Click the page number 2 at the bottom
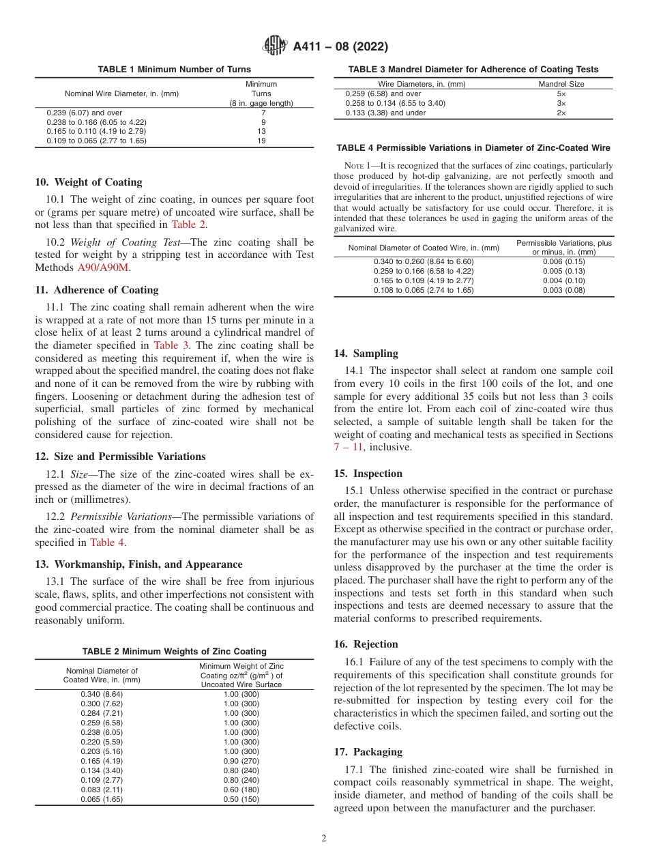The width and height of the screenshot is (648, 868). [x=324, y=839]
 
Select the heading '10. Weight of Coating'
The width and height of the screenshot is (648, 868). [x=89, y=182]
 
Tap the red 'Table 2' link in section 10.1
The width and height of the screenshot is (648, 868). [x=188, y=225]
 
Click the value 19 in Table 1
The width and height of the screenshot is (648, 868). [x=261, y=141]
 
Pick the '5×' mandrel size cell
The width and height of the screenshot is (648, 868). [x=561, y=93]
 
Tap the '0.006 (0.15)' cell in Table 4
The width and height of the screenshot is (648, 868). [x=564, y=261]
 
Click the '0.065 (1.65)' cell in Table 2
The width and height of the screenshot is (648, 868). [x=102, y=799]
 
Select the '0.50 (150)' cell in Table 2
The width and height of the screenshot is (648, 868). [x=241, y=799]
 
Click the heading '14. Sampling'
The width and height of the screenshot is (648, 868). [x=366, y=353]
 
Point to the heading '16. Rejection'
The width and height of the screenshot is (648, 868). [x=366, y=644]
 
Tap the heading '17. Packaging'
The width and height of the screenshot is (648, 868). [x=368, y=752]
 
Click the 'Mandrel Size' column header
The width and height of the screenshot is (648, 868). [x=561, y=84]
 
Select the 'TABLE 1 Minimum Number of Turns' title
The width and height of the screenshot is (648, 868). [x=174, y=70]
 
